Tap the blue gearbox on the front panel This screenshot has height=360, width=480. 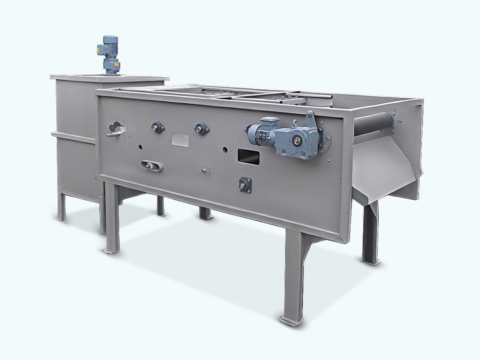tap(298, 139)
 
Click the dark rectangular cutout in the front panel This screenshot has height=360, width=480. tap(249, 156)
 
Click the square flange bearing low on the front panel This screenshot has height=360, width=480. tap(245, 185)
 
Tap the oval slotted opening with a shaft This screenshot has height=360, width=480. tap(152, 166)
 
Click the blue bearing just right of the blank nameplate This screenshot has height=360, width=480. tap(202, 128)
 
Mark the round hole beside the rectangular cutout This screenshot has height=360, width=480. tap(224, 149)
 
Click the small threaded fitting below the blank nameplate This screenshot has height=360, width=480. tap(205, 171)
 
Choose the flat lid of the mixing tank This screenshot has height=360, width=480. tap(109, 77)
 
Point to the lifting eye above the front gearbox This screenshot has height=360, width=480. tap(310, 117)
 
